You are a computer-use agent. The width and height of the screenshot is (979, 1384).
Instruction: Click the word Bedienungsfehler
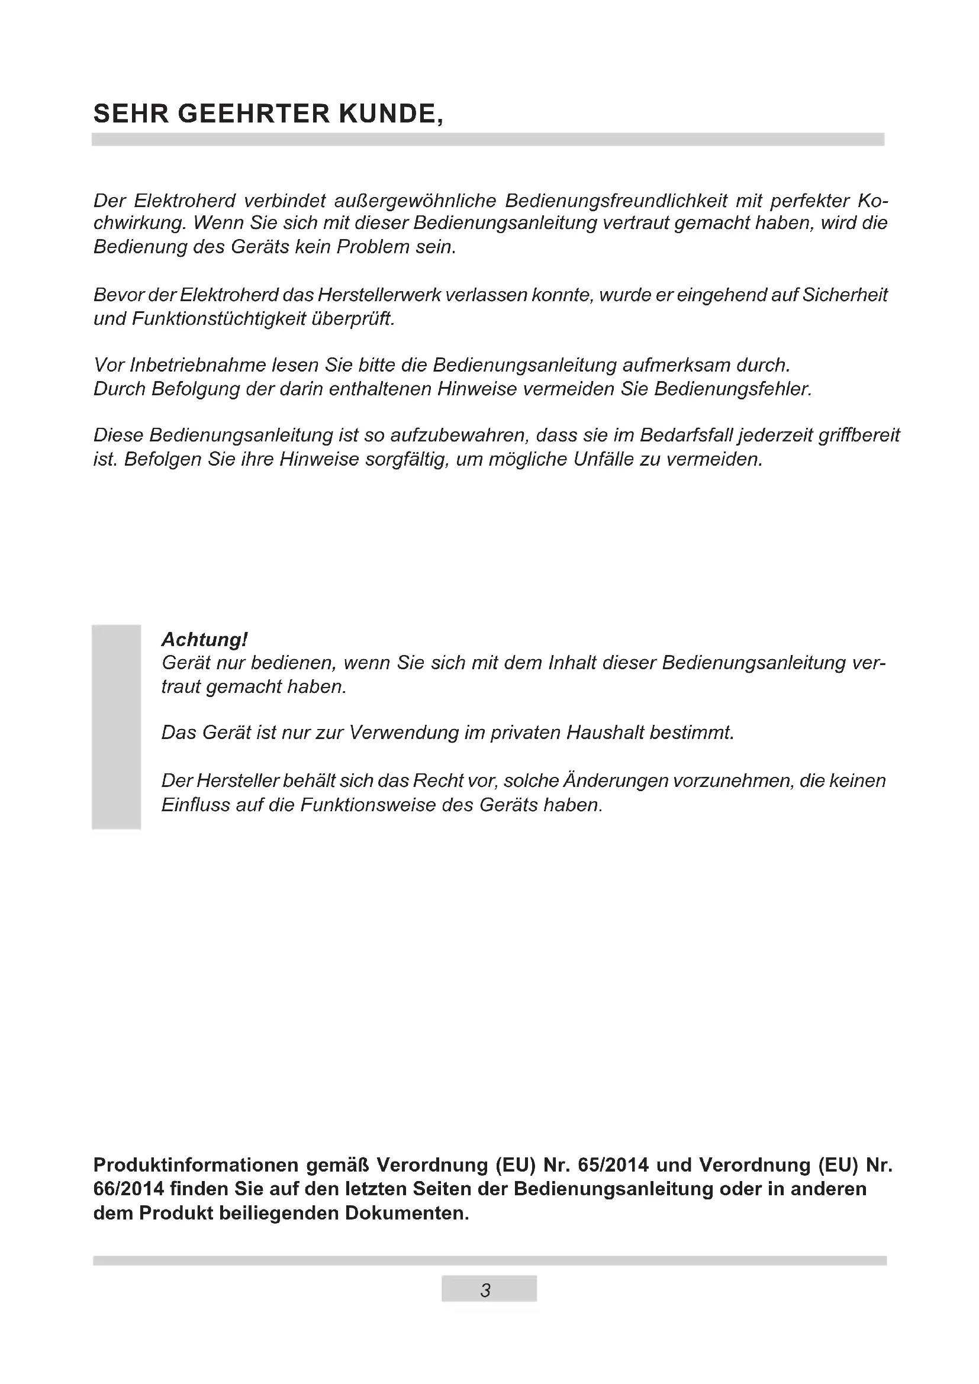733,389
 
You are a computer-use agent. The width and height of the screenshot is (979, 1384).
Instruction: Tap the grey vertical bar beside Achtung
117,727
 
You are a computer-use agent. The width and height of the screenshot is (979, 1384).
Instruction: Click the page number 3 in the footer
486,1291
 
